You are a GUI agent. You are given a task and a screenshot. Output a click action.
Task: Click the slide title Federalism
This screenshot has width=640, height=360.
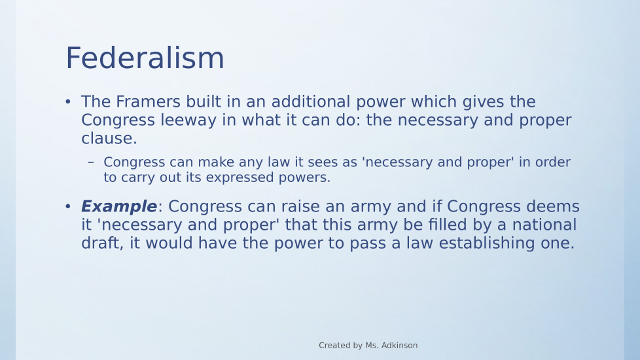coord(145,58)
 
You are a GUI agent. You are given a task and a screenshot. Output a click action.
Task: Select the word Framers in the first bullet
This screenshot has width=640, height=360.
coord(148,101)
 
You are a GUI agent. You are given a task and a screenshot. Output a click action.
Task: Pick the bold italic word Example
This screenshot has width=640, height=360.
coord(119,207)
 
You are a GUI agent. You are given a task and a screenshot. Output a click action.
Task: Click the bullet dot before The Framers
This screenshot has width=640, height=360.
coord(68,101)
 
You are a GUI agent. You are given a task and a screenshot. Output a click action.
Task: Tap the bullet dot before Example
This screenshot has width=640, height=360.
coord(68,207)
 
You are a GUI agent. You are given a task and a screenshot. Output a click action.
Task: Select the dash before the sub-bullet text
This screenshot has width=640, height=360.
coord(91,162)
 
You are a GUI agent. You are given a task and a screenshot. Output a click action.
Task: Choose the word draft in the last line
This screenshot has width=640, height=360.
coord(101,243)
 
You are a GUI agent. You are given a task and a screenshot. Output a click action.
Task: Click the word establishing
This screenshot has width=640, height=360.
coord(486,243)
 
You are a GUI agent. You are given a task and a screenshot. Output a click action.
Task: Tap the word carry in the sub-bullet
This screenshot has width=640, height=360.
coord(137,177)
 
